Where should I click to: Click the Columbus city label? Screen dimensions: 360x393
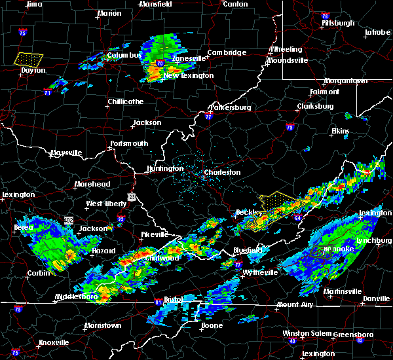[x=124, y=56]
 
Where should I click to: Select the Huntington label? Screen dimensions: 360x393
[x=165, y=168]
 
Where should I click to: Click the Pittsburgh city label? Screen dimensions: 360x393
[x=338, y=23]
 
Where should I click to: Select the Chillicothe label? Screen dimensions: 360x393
[x=125, y=101]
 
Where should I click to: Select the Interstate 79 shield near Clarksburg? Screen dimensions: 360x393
[x=290, y=128]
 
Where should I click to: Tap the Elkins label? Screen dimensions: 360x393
[x=340, y=131]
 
